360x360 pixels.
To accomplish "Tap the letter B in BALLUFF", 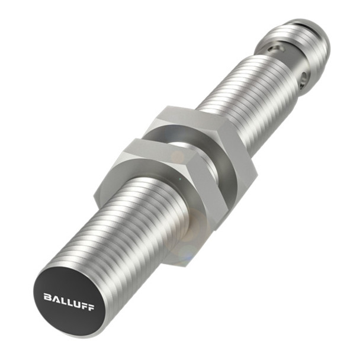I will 47,296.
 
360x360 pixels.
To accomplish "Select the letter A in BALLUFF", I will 54,298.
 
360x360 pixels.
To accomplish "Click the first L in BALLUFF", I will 61,300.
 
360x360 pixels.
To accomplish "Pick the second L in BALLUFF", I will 67,301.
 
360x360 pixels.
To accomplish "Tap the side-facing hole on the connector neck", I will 303,77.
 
